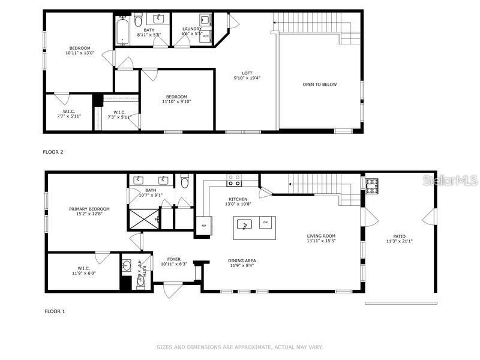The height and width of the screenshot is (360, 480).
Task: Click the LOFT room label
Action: pyautogui.click(x=247, y=73)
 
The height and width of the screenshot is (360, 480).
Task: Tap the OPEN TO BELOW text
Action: pyautogui.click(x=319, y=85)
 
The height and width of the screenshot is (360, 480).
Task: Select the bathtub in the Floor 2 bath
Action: pyautogui.click(x=124, y=30)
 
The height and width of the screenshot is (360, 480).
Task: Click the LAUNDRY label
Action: pyautogui.click(x=191, y=29)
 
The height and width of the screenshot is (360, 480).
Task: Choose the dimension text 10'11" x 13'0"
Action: pyautogui.click(x=79, y=53)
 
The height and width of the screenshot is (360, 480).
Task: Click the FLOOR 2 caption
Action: pyautogui.click(x=53, y=152)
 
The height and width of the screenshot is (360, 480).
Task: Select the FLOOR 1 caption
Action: pyautogui.click(x=55, y=311)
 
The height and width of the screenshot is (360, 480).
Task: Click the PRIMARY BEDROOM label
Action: pyautogui.click(x=89, y=209)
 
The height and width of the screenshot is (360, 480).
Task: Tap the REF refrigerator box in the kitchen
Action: pyautogui.click(x=204, y=226)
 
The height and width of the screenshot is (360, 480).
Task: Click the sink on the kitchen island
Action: pyautogui.click(x=245, y=224)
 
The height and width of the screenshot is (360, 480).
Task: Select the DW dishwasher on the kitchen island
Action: pyautogui.click(x=265, y=223)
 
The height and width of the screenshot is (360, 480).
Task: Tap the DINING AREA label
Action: pyautogui.click(x=242, y=260)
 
